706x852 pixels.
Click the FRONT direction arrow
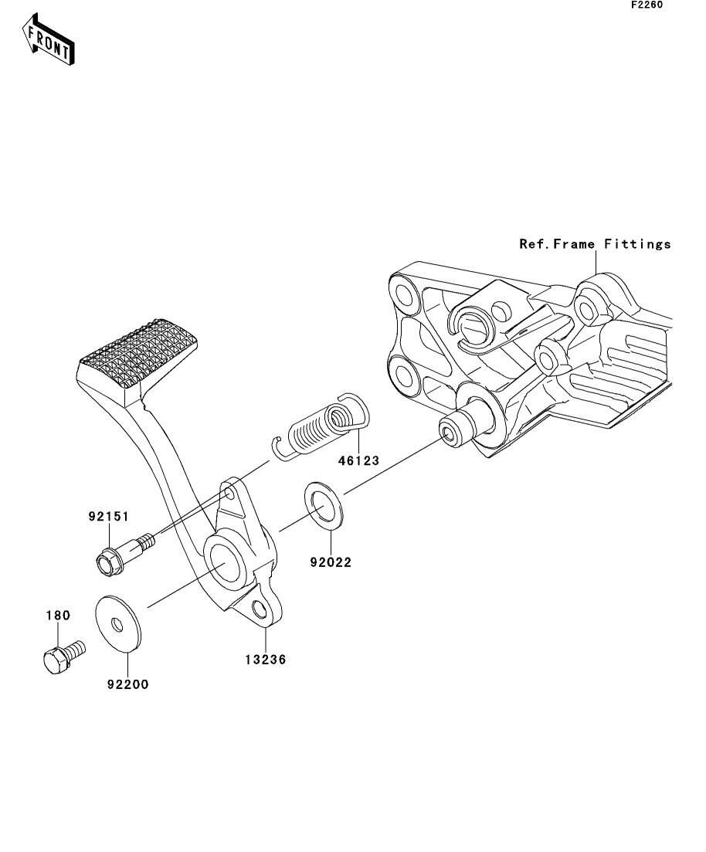point(49,39)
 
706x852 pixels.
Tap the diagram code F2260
point(647,5)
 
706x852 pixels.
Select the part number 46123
point(358,461)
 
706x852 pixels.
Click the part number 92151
point(109,516)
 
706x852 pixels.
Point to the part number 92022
point(331,562)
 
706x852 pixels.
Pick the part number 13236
point(265,660)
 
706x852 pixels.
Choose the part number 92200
point(127,684)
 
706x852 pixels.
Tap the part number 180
point(58,616)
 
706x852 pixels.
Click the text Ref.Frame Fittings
point(595,245)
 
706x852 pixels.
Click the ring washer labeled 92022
point(322,504)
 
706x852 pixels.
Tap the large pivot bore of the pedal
point(223,562)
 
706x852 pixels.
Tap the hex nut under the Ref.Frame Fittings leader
point(587,309)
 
